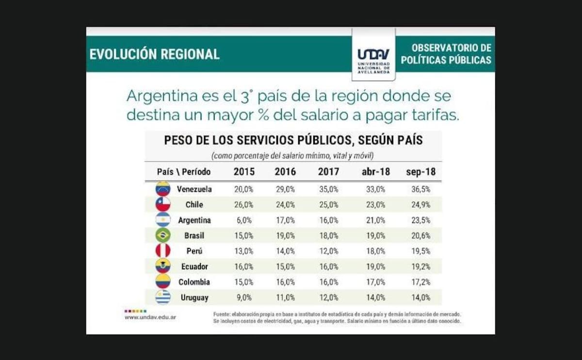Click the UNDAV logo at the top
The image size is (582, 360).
[373, 55]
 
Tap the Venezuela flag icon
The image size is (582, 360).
[163, 189]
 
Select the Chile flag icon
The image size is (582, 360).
[163, 204]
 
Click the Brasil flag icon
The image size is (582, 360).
[163, 235]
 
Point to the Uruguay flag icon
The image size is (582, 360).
[163, 297]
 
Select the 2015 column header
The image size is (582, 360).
[244, 172]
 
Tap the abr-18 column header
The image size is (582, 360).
[373, 172]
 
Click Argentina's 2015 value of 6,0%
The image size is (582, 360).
[244, 220]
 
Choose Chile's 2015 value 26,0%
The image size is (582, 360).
[244, 204]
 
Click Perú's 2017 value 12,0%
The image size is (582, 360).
[328, 251]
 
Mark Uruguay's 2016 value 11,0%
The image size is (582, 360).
[285, 297]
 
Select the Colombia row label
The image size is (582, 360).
[194, 282]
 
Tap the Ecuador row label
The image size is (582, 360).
[194, 266]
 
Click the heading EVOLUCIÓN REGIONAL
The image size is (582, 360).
[154, 54]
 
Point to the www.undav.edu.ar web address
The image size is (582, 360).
[150, 317]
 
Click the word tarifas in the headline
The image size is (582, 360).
[433, 116]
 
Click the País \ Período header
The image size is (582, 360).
[184, 172]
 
